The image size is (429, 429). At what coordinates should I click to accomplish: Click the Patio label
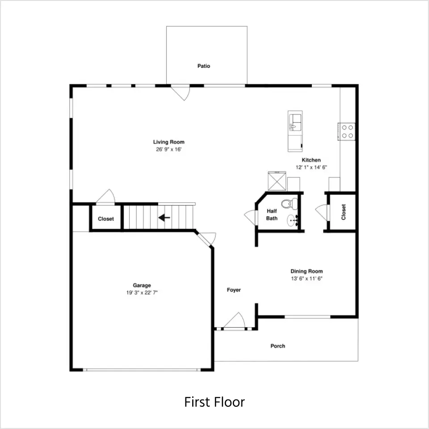(x=204, y=66)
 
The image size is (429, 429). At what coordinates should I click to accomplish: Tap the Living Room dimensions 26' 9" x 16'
(x=169, y=149)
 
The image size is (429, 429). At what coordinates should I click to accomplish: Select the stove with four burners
(x=347, y=131)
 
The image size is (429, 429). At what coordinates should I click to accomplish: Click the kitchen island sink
(x=295, y=122)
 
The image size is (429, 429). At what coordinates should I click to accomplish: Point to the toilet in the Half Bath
(x=290, y=204)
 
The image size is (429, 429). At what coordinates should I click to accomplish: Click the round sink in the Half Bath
(x=293, y=220)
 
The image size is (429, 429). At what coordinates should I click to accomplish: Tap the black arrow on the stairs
(x=164, y=218)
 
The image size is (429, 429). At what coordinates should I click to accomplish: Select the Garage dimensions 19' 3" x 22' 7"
(x=142, y=293)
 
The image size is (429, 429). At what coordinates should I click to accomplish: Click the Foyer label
(x=234, y=290)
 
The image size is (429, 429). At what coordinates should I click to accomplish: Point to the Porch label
(x=278, y=346)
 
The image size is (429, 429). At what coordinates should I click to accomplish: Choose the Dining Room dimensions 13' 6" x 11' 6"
(x=307, y=278)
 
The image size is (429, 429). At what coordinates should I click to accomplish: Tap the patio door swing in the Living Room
(x=181, y=93)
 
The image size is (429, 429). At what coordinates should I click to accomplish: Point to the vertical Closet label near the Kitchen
(x=344, y=212)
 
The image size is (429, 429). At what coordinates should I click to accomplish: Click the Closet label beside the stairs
(x=106, y=219)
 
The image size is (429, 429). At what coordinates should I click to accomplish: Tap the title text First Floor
(x=214, y=402)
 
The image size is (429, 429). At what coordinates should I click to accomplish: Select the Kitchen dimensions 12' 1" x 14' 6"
(x=311, y=167)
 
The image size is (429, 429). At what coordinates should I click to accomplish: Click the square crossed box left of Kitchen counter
(x=277, y=181)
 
